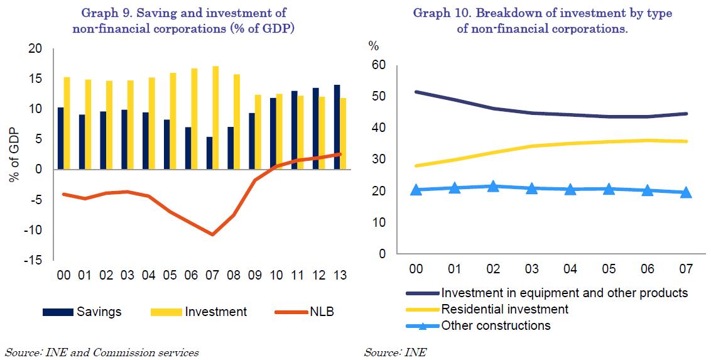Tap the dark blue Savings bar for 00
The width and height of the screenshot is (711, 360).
[x=60, y=138]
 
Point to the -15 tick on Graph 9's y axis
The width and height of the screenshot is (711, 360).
[x=34, y=260]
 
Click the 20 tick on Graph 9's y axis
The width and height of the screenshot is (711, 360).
[x=35, y=49]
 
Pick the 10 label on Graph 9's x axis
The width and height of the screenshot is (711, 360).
[x=277, y=275]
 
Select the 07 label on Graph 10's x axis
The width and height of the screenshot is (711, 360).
[x=685, y=269]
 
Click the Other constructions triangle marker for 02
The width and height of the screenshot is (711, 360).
[x=493, y=186]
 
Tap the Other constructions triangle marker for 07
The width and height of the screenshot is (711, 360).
[x=686, y=192]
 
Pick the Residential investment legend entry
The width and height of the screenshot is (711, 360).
[x=505, y=309]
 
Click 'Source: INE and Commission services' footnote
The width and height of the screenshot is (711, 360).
[x=102, y=352]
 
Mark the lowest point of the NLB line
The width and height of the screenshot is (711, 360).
[x=213, y=234]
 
